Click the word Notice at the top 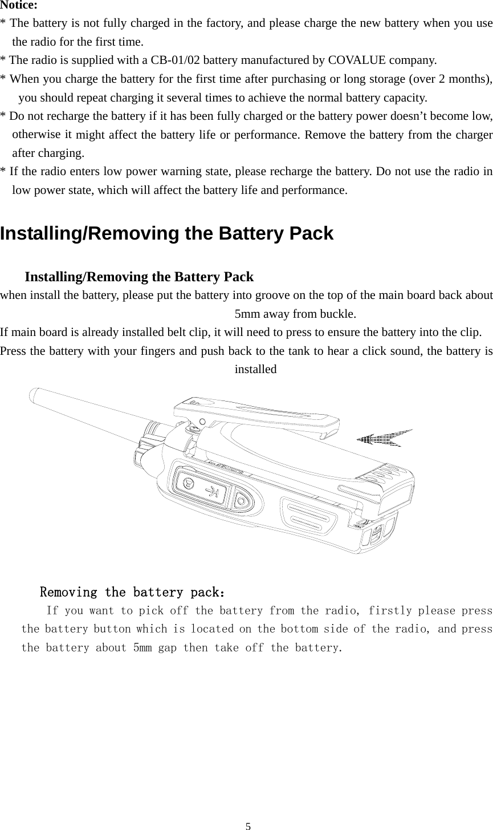[x=19, y=6]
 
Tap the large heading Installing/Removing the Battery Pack [x=166, y=234]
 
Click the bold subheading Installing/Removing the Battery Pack [x=139, y=277]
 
